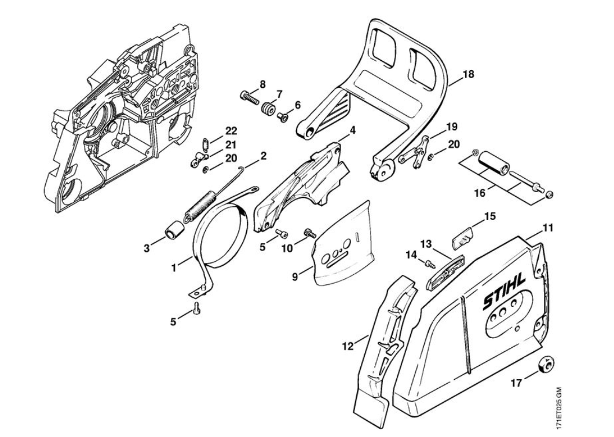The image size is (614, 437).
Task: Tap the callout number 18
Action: [x=468, y=74]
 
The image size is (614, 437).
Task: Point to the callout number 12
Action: [x=348, y=346]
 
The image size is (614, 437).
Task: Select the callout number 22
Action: [x=231, y=131]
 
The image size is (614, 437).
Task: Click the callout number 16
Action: [x=480, y=193]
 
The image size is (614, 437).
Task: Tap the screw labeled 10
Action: [x=310, y=233]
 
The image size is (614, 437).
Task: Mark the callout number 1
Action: [x=174, y=269]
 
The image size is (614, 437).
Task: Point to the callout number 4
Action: [x=352, y=130]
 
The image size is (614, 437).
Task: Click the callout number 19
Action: [x=451, y=127]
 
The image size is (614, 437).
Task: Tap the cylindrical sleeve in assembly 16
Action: [x=492, y=160]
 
